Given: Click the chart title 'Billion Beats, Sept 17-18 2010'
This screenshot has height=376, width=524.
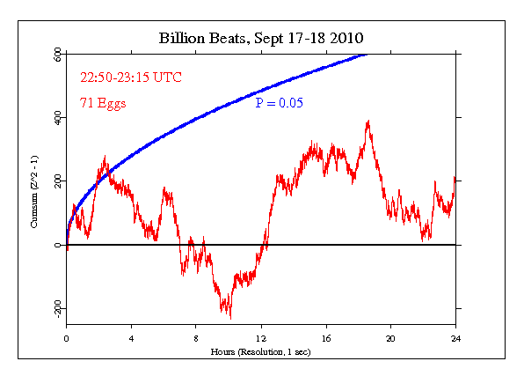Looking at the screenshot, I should tap(261, 38).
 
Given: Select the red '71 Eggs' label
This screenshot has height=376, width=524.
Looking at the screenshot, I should tap(103, 103).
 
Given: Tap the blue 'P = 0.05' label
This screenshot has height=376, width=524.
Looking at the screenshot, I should tap(280, 103).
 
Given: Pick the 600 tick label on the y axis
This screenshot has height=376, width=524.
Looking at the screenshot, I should tap(57, 55).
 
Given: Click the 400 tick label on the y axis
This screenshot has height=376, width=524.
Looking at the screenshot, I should tap(57, 118).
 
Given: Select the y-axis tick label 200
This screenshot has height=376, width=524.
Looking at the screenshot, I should tap(57, 181).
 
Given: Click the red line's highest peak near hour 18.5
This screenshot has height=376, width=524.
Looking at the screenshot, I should tap(368, 122).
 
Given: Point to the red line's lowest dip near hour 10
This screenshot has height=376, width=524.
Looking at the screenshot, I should tap(229, 316).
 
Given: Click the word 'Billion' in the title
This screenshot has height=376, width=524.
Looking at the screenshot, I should tap(180, 38).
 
